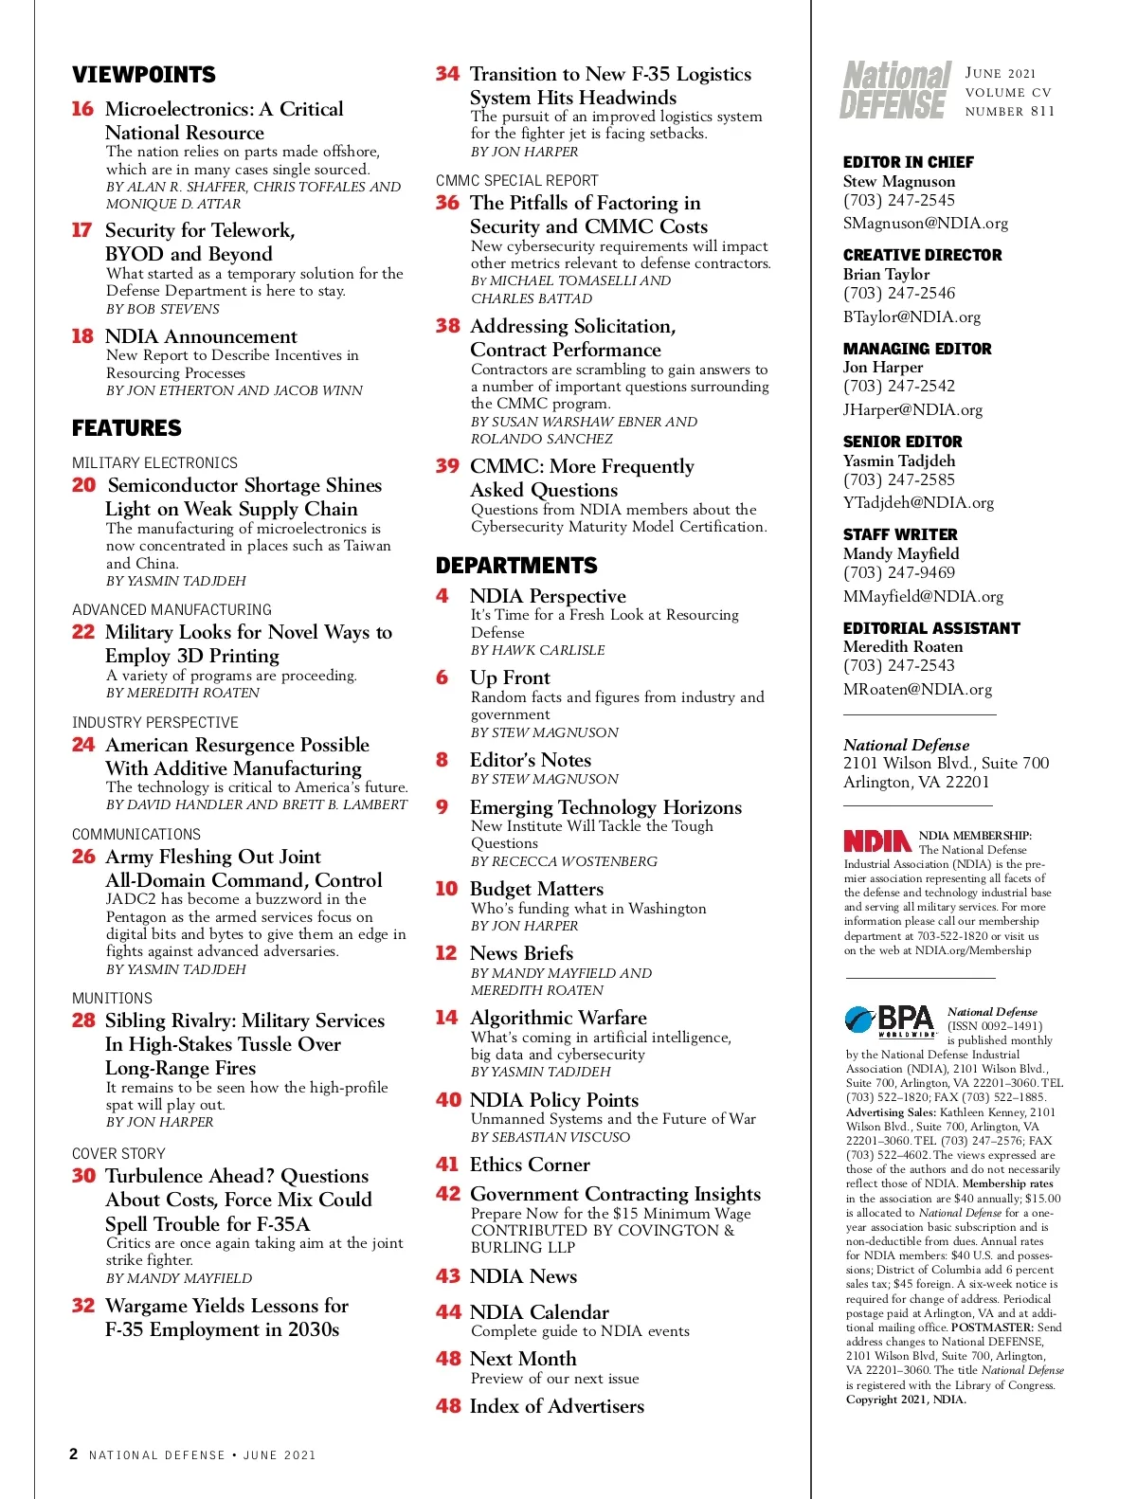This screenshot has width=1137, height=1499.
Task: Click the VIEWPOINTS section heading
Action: (144, 75)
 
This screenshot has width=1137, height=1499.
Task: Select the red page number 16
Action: (82, 109)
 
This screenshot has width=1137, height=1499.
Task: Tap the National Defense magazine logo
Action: (895, 91)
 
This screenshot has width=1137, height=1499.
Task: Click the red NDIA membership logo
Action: (877, 840)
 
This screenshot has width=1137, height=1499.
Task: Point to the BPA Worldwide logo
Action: (891, 1021)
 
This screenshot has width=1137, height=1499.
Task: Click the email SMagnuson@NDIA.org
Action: (925, 224)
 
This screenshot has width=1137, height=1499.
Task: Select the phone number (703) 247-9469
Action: (899, 572)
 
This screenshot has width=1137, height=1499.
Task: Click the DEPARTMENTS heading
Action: (516, 566)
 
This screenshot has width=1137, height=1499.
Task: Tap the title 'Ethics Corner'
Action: (530, 1165)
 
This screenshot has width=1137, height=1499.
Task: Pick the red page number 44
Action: (448, 1312)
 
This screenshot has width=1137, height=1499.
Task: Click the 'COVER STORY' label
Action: (118, 1153)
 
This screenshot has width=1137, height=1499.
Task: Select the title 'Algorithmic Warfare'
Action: (558, 1018)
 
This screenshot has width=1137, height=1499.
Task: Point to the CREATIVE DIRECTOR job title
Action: (922, 255)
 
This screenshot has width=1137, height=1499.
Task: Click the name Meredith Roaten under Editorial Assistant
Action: (903, 646)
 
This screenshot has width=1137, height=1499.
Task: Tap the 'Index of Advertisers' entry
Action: (556, 1406)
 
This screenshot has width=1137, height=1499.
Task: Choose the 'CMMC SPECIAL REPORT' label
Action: (517, 180)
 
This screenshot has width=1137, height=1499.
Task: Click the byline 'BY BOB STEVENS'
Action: (163, 309)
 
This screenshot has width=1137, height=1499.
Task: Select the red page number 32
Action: (83, 1306)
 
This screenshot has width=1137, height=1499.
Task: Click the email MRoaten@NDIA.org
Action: (917, 690)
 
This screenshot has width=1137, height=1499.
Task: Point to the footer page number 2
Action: (74, 1454)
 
